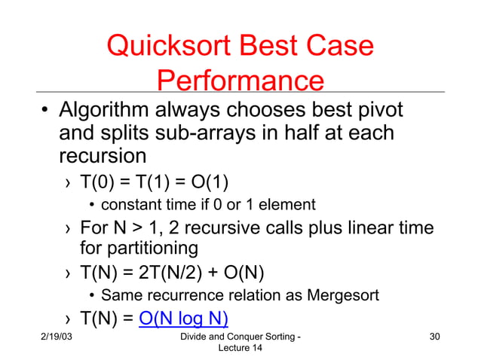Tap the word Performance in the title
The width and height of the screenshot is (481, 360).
tap(241, 81)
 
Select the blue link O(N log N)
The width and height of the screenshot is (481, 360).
tap(184, 316)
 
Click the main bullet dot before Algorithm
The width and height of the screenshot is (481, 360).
tap(45, 113)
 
